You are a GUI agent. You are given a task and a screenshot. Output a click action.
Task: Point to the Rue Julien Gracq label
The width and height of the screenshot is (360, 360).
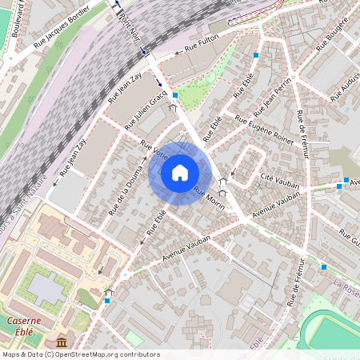click(146, 109)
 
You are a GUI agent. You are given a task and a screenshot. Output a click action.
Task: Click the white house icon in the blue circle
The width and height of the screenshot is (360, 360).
click(180, 173)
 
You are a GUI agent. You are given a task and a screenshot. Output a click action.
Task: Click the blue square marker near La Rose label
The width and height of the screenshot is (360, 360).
click(323, 266)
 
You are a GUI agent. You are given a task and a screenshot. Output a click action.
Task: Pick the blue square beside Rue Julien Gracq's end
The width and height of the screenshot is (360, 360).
click(175, 94)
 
